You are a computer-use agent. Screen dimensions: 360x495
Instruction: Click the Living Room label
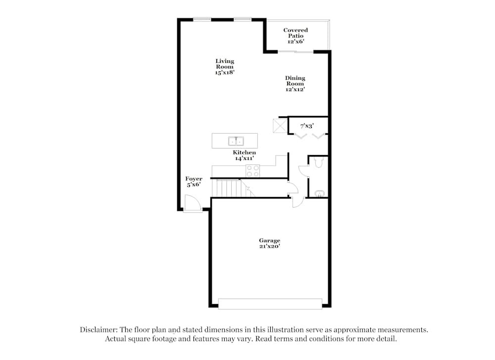[x=224, y=66]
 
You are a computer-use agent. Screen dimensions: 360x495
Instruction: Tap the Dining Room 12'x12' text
[x=295, y=84]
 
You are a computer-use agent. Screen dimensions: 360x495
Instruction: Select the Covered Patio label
[x=296, y=36]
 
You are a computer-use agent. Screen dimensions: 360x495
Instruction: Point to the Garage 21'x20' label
[x=269, y=243]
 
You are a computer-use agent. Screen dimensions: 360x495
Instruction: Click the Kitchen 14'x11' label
[x=245, y=155]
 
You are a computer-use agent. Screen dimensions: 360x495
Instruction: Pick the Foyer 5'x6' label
[x=194, y=182]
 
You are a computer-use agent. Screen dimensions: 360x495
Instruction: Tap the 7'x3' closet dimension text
[x=307, y=126]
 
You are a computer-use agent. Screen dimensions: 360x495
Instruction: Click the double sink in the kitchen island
[x=236, y=141]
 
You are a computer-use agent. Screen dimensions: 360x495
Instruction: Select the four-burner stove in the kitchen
[x=252, y=171]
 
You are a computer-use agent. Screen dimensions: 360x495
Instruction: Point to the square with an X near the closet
[x=280, y=126]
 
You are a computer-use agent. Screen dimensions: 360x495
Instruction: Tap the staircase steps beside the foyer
[x=229, y=188]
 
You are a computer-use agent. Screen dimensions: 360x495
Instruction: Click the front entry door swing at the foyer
[x=192, y=204]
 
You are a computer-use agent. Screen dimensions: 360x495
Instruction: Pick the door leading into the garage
[x=297, y=202]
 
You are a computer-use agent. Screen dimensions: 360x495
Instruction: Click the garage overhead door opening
[x=270, y=304]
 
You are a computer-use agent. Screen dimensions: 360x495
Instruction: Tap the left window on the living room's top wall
[x=202, y=20]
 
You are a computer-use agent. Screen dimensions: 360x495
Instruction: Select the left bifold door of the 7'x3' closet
[x=300, y=135]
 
